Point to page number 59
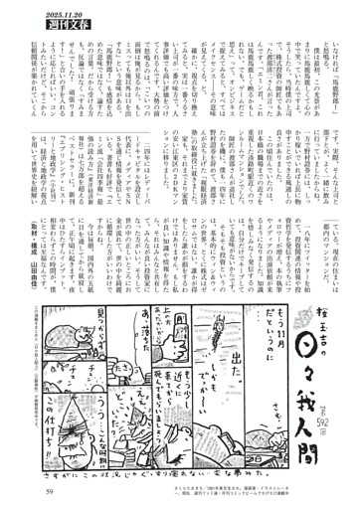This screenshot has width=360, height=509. click(48, 489)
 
